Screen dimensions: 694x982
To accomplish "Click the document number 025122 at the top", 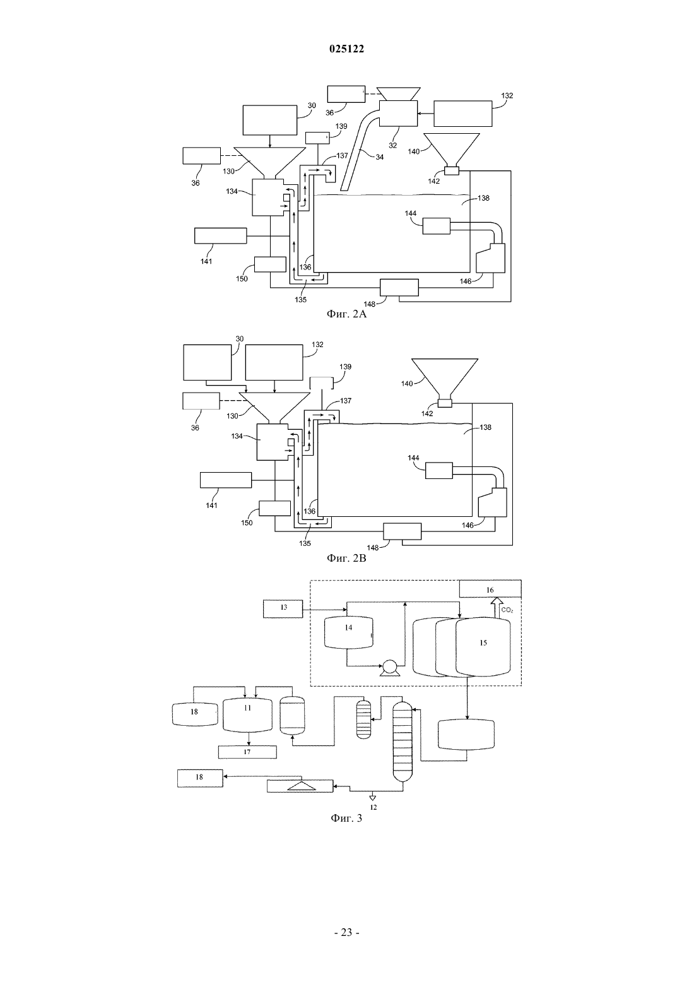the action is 346,49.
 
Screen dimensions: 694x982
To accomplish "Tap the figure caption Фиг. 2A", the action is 346,314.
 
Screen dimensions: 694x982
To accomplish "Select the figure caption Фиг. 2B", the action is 346,558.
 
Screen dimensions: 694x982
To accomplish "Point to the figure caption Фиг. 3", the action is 346,818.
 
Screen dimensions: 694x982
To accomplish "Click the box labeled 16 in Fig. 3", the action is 490,589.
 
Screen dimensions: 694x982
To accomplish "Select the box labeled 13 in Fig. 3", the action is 283,609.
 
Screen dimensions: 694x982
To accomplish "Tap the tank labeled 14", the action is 348,632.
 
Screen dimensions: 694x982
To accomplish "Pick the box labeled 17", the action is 247,752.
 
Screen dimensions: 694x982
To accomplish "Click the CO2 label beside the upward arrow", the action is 507,610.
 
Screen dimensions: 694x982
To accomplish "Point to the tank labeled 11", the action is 247,715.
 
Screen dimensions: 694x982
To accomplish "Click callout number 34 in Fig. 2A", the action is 379,157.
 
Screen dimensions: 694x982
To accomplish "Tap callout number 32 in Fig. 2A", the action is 393,145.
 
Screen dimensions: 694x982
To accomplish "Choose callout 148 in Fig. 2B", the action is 373,548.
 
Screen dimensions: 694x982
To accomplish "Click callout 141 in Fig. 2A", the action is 206,261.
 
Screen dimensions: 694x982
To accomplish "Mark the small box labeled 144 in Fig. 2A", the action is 437,226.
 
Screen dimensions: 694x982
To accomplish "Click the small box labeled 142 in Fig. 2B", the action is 445,403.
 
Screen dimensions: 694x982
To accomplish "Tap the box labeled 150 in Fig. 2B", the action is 274,508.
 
